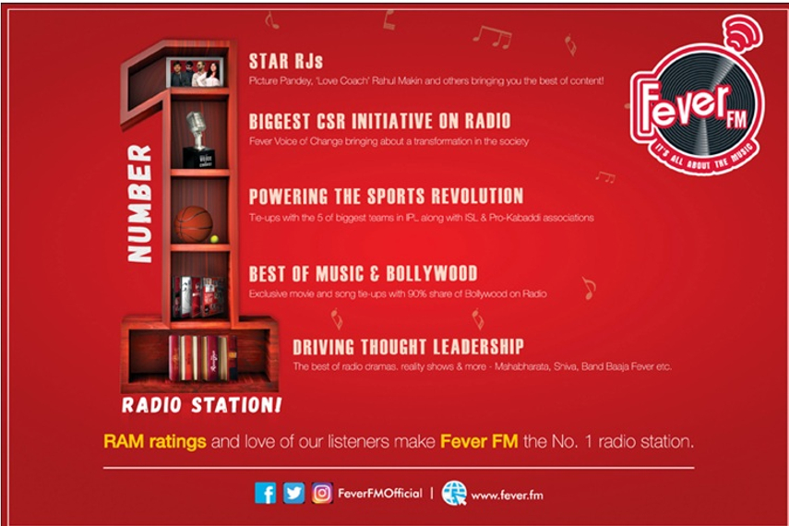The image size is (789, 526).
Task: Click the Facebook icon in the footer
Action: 266,493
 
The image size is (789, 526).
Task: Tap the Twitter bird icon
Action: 293,493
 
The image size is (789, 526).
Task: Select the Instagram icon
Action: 321,493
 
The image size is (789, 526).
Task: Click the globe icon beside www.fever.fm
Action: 453,493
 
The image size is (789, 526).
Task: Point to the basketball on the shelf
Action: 194,223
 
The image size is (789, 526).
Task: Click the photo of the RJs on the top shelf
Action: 195,73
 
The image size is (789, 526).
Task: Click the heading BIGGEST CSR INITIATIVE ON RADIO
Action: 379,121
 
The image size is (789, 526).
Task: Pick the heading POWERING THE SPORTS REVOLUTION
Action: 386,196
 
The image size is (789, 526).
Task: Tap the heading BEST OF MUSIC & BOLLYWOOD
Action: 363,273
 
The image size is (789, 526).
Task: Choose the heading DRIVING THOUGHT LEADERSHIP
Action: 408,347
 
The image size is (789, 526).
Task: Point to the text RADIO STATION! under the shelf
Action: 202,405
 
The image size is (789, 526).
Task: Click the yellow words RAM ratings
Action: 154,441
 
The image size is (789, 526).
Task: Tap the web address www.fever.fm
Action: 507,495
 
